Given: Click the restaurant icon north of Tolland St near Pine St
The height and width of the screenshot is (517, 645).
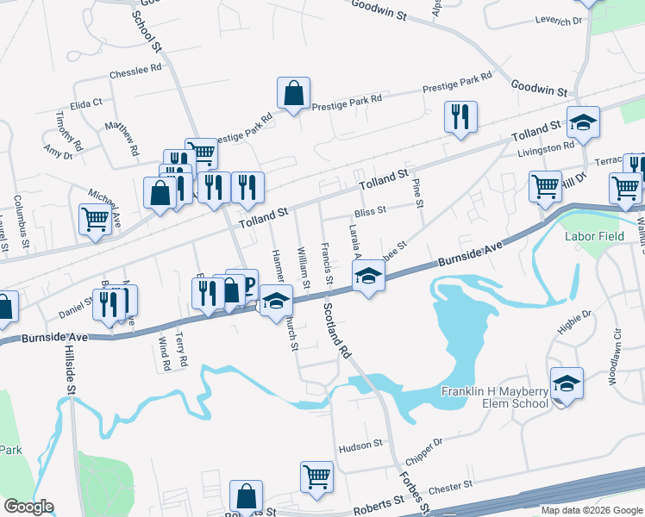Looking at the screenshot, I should tap(460, 116).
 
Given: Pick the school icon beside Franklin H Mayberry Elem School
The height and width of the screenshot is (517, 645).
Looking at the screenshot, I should tap(567, 383).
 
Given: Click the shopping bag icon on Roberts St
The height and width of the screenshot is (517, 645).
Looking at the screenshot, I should tap(247, 496).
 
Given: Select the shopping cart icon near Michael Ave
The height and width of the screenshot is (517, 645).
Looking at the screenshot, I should tap(94, 219).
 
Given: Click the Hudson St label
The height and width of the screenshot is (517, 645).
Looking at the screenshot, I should tap(360, 445).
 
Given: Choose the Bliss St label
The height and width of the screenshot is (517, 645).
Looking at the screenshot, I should tap(370, 211).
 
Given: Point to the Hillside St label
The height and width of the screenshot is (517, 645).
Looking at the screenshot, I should tap(71, 371).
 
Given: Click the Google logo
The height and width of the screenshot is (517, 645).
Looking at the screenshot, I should tap(28, 507).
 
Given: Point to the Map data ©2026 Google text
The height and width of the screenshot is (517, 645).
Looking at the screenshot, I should tap(591, 510).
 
